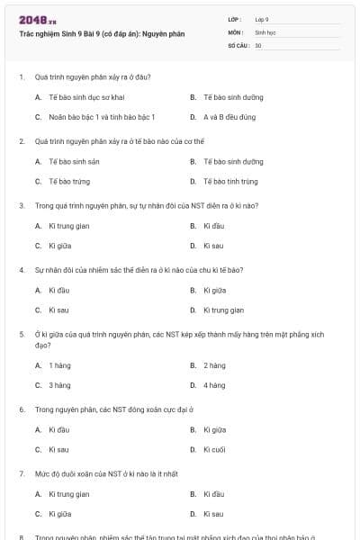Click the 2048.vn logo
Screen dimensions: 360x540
(37, 20)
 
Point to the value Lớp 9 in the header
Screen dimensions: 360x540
(262, 19)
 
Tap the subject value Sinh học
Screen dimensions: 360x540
(264, 31)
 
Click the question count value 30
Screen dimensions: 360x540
(258, 45)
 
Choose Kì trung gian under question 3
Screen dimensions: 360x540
(69, 225)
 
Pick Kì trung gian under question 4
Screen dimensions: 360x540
(223, 310)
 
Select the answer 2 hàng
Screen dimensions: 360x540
(213, 365)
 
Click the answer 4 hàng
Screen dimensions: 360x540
(213, 385)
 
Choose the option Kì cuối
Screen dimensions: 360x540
(213, 449)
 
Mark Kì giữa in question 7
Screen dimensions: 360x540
(59, 514)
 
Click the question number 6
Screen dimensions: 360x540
(22, 409)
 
